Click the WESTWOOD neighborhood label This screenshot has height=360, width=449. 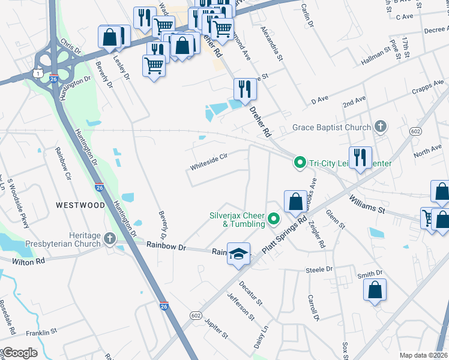(81, 205)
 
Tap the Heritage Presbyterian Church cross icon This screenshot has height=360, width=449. (109, 239)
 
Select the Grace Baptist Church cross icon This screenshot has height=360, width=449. (379, 127)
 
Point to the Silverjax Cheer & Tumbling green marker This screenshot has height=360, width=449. (274, 219)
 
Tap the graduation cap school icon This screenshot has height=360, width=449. (238, 254)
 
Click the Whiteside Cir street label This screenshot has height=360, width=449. (209, 157)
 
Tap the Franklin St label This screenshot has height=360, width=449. (41, 331)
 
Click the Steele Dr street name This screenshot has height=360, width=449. (319, 271)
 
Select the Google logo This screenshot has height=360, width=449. (19, 353)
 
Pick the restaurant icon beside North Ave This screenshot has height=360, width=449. (360, 158)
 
